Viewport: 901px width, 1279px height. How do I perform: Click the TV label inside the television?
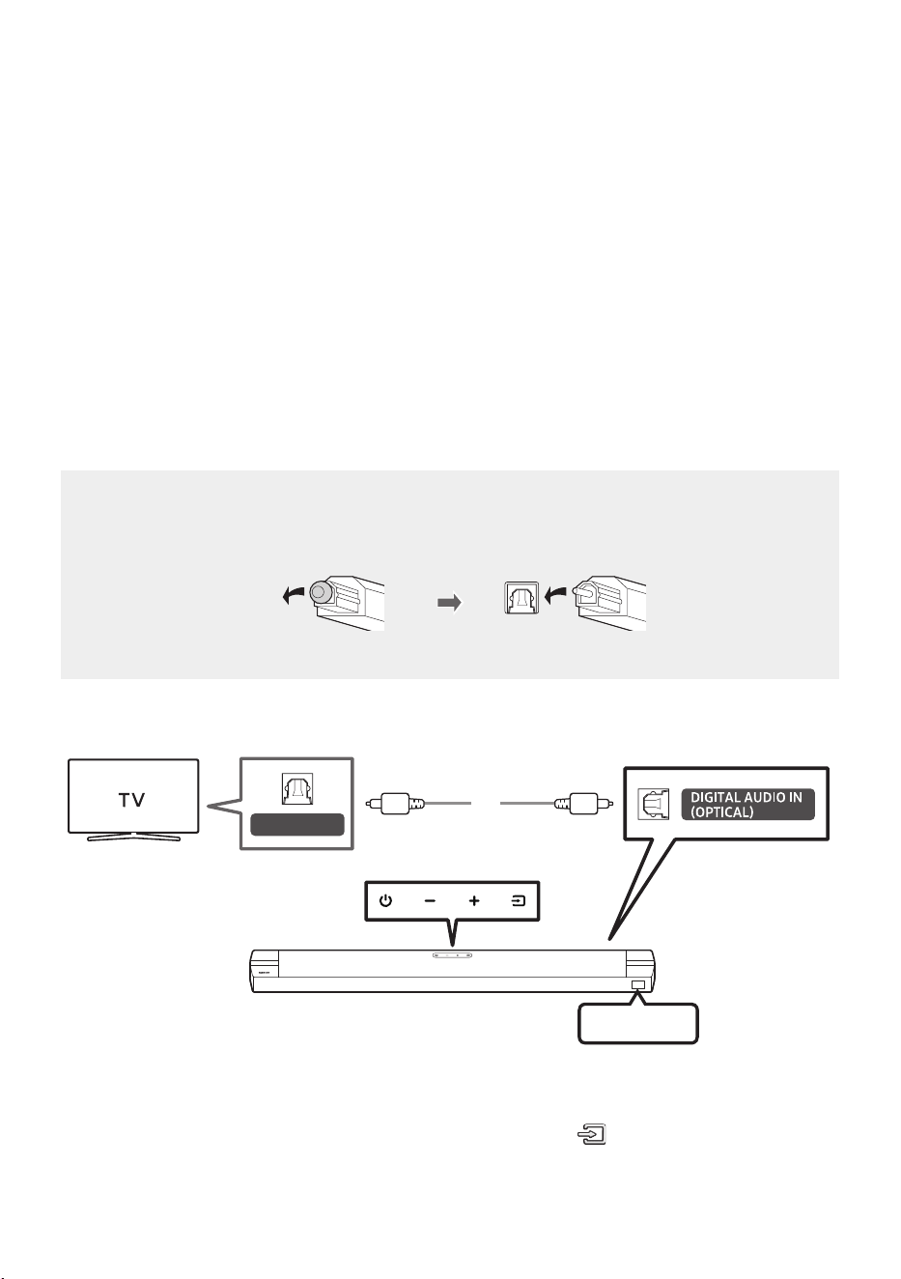click(x=132, y=800)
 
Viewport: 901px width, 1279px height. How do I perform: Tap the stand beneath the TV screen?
click(x=133, y=838)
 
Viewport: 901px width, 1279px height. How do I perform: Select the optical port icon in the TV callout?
click(x=296, y=789)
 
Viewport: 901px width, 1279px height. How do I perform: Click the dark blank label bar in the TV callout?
click(x=297, y=825)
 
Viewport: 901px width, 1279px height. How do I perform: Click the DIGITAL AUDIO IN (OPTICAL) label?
click(x=747, y=805)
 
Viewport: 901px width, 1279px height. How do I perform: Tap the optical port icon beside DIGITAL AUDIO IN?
click(x=653, y=805)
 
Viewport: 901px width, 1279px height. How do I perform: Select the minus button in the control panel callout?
click(x=430, y=901)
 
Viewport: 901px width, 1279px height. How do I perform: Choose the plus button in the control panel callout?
click(x=474, y=901)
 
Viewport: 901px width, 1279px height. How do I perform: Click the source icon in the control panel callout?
click(x=518, y=901)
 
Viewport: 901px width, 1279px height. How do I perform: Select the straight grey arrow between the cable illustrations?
click(x=449, y=603)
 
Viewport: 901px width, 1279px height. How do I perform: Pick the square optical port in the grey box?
click(x=521, y=598)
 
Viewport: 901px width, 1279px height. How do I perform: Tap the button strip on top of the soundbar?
click(x=452, y=954)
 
